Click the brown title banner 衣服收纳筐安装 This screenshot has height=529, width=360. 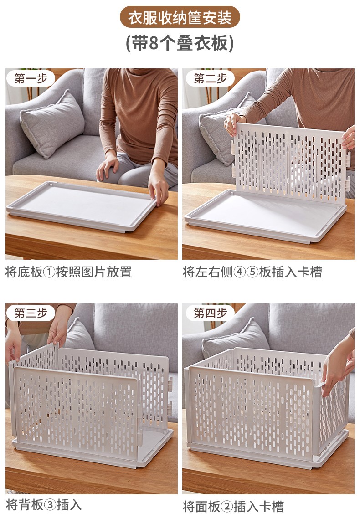180,17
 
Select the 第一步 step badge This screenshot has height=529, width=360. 31,79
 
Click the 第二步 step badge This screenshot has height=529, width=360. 210,79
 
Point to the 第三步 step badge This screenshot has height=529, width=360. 31,313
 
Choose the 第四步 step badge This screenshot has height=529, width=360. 210,313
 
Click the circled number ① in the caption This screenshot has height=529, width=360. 49,272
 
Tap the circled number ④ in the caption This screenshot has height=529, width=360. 239,272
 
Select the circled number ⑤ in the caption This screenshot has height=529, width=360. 252,272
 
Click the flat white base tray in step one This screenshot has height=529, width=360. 81,206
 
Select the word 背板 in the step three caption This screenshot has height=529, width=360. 31,505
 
